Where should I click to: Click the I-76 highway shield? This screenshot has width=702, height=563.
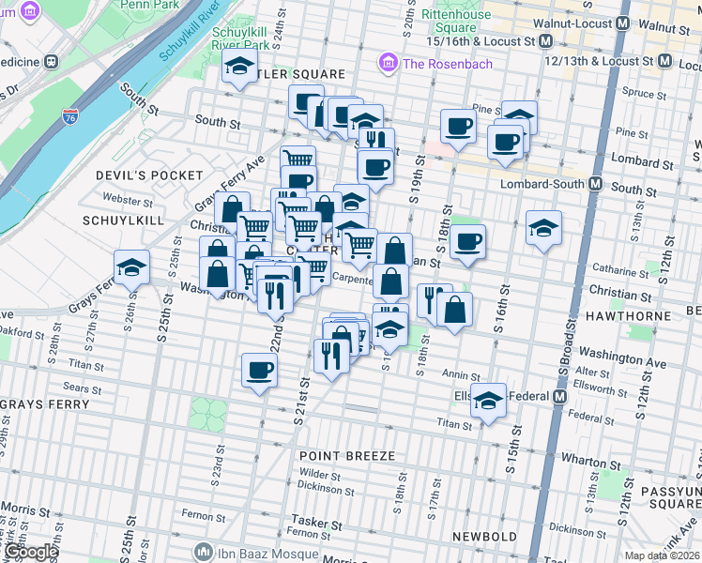pos(70,116)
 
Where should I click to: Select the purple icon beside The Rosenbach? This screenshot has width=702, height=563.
pos(385,64)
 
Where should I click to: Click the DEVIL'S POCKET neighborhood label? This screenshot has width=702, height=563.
pos(149,175)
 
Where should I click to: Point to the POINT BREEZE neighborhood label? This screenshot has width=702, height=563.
pos(347,455)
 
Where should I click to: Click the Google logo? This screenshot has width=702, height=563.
pos(30,552)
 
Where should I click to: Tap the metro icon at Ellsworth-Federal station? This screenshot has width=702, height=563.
pos(560,396)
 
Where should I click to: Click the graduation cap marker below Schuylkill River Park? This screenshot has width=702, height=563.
pos(239,67)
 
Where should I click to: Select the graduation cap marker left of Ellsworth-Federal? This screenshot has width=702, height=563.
pos(488,401)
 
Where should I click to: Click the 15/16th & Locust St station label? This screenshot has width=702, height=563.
pos(481,41)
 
